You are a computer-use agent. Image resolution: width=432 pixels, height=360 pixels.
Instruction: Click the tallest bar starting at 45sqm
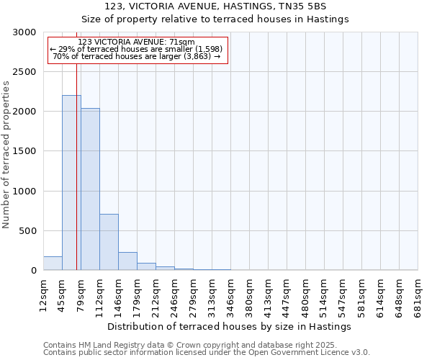(x=71, y=183)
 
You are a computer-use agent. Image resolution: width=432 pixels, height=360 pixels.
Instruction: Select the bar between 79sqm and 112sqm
(x=90, y=189)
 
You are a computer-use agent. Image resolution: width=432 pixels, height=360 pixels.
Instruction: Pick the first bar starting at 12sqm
(x=53, y=264)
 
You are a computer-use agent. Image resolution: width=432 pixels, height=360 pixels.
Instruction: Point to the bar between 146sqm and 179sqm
(x=127, y=261)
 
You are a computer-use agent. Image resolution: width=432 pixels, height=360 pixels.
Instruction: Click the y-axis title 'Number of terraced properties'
(x=6, y=154)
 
